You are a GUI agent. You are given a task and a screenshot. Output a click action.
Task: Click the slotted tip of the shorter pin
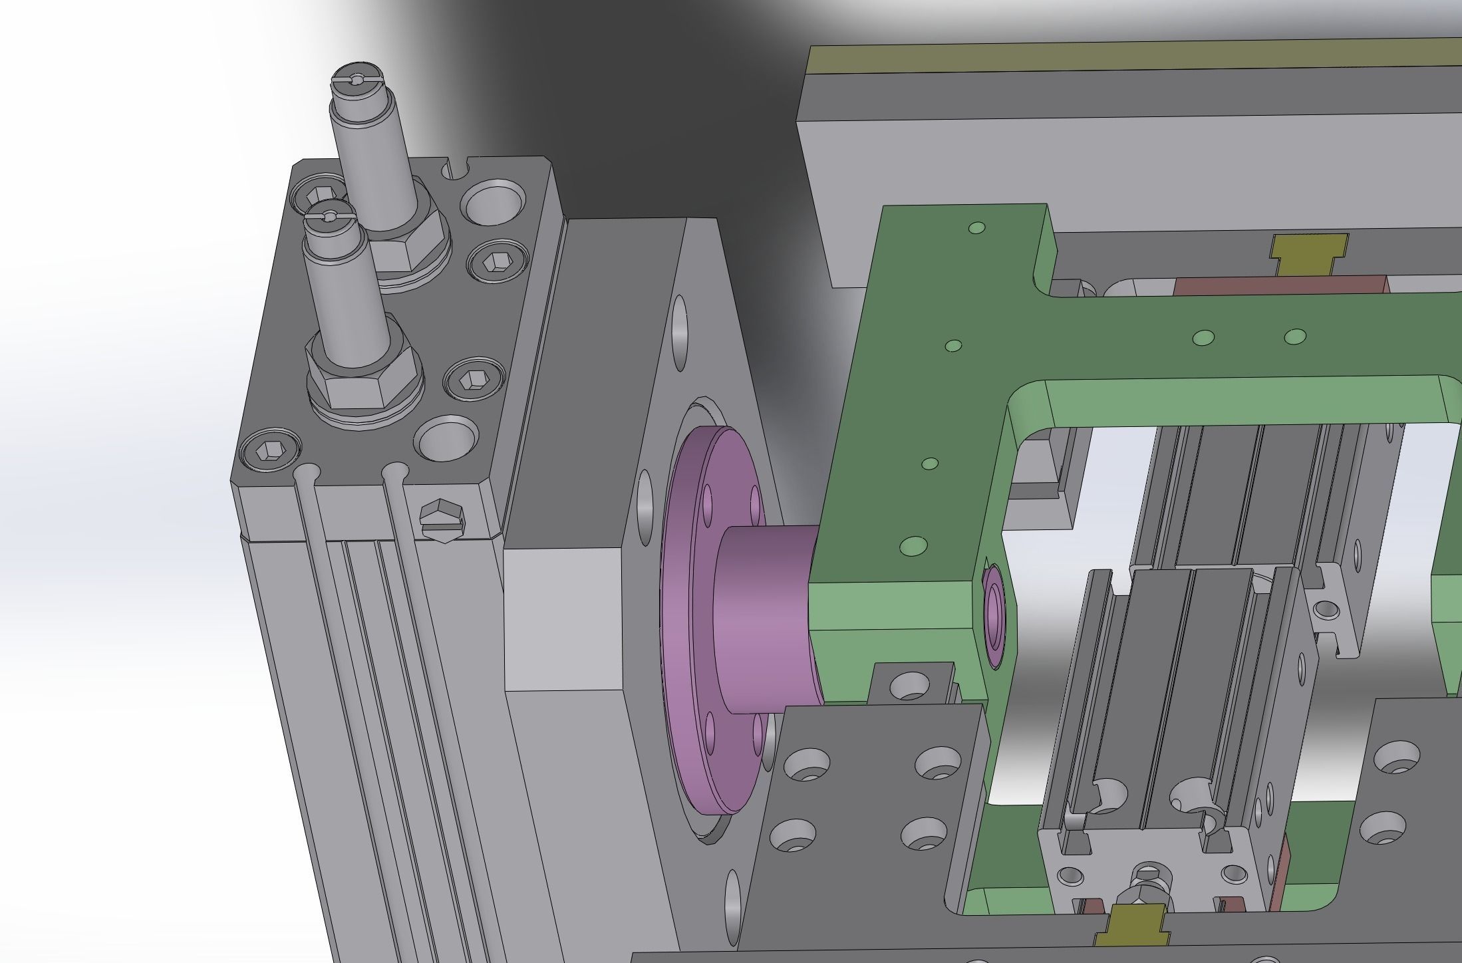[x=329, y=216]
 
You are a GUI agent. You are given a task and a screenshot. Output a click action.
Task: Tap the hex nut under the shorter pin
[x=363, y=392]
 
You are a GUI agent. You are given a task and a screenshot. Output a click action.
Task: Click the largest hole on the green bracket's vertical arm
[x=913, y=547]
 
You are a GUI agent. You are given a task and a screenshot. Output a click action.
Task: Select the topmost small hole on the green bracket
[x=976, y=228]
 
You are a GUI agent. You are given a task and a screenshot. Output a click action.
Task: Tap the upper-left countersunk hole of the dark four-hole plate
[x=806, y=764]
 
